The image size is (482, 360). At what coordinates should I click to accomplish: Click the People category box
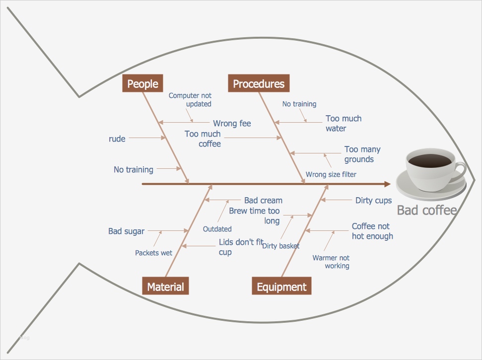click(x=142, y=83)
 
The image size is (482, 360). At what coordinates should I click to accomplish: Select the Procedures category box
click(x=259, y=83)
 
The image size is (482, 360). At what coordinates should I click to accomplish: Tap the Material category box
click(x=165, y=287)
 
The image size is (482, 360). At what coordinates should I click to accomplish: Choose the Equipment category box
click(x=281, y=287)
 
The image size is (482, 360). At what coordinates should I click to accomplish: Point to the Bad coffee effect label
click(x=426, y=210)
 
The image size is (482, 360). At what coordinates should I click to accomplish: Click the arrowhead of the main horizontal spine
click(x=387, y=184)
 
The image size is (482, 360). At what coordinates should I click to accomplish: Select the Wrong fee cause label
click(x=232, y=123)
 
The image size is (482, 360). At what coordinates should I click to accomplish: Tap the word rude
click(x=117, y=139)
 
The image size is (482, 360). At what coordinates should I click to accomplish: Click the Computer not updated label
click(x=190, y=100)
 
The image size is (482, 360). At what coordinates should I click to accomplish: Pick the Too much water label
click(x=344, y=124)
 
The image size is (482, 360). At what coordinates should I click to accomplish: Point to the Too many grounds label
click(x=362, y=154)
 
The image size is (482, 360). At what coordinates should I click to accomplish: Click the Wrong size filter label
click(x=331, y=174)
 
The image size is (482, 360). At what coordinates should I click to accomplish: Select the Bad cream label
click(x=263, y=201)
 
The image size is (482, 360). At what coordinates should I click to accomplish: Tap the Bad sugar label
click(x=127, y=231)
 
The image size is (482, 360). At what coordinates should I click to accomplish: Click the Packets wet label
click(x=154, y=253)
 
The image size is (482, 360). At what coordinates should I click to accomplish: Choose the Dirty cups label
click(x=373, y=201)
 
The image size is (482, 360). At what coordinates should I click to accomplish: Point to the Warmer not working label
click(x=331, y=262)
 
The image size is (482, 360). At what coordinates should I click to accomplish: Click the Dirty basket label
click(x=281, y=246)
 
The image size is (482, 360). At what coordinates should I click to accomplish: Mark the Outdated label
click(x=217, y=229)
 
